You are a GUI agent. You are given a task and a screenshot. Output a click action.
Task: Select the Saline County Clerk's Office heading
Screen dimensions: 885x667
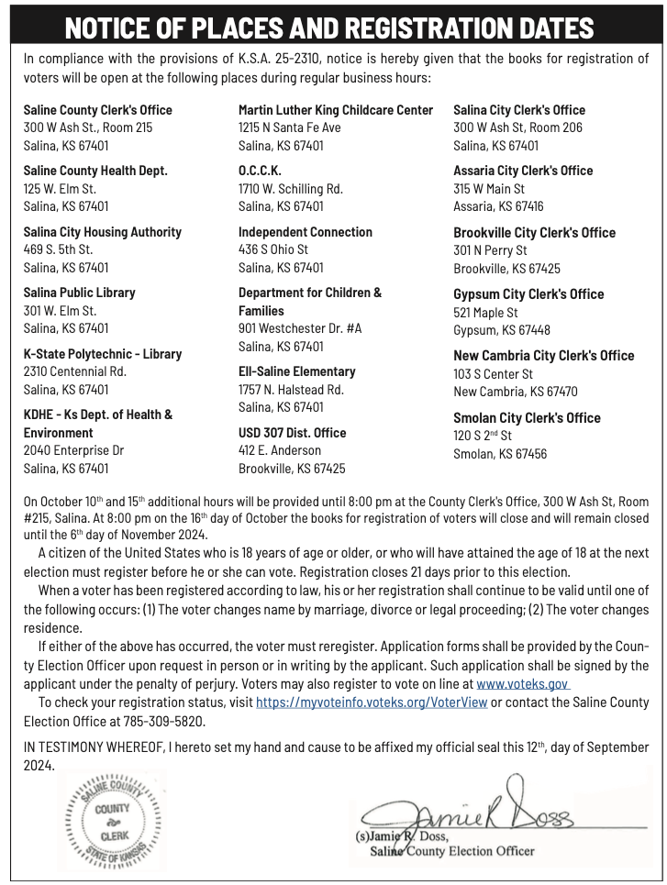point(97,110)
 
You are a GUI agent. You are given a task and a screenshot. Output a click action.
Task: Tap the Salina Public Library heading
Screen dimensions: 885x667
point(79,293)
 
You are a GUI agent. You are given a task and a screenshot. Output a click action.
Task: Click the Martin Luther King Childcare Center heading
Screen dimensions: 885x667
point(336,110)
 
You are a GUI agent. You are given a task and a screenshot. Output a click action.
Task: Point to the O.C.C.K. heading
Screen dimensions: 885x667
point(260,171)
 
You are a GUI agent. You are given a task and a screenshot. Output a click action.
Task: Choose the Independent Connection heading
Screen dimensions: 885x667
point(306,232)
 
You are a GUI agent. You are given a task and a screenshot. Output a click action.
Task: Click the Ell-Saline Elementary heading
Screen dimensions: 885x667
point(296,371)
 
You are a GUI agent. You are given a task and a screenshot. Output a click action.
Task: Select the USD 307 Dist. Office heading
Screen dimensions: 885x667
point(292,433)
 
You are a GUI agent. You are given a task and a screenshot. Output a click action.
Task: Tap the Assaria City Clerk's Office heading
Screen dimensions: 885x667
point(523,171)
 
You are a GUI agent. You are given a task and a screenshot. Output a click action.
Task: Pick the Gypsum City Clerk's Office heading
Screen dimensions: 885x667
point(528,294)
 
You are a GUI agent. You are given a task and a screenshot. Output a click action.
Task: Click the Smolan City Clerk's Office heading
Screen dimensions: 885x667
point(527,418)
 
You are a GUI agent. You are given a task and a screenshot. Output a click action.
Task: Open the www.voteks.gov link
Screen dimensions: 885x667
point(523,683)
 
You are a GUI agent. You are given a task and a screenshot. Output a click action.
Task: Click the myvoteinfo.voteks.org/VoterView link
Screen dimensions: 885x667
point(372,702)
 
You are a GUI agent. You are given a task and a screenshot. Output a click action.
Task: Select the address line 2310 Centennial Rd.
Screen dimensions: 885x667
point(74,371)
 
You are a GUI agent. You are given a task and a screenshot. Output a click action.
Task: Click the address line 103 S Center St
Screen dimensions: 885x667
point(493,374)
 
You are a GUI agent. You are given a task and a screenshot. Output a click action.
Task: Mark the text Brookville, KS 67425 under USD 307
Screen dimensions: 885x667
point(292,469)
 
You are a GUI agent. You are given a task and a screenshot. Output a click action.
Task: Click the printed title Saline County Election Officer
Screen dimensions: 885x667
point(451,851)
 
